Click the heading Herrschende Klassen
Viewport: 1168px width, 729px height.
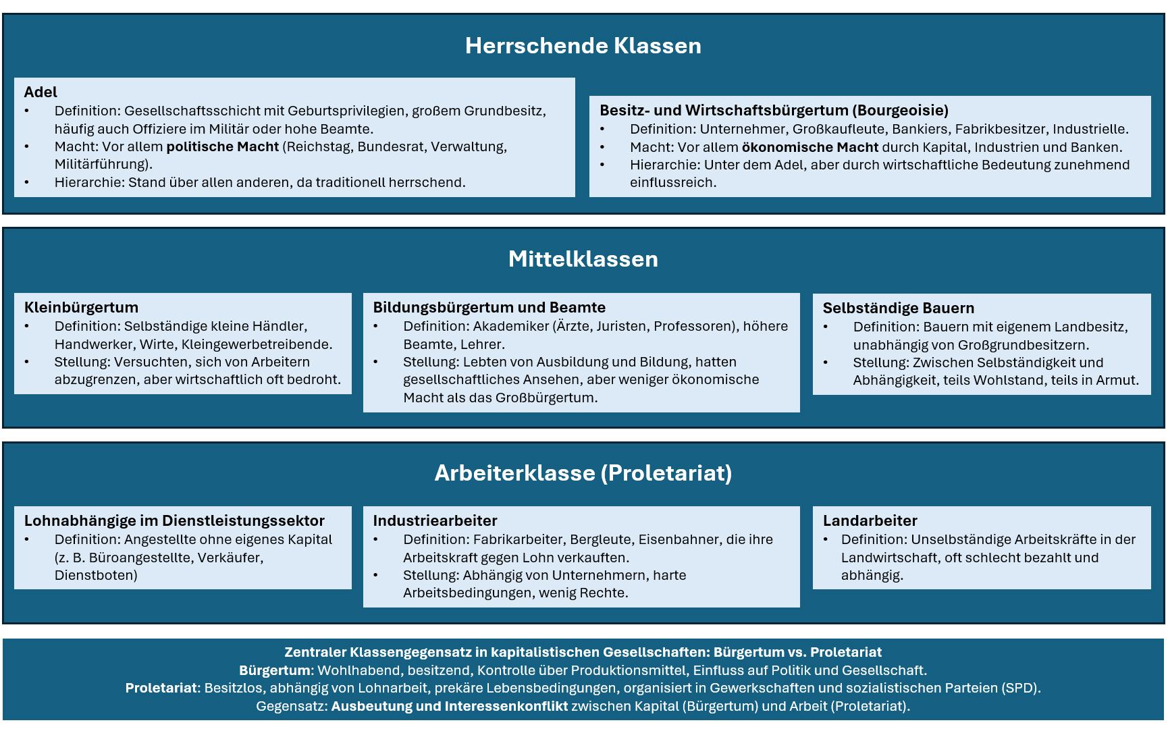583,46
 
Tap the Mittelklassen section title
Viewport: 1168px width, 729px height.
583,259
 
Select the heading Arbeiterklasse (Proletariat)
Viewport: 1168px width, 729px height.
583,473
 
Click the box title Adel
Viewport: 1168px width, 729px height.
41,92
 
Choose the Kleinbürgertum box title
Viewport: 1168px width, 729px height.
81,308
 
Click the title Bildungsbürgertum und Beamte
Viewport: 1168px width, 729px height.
489,308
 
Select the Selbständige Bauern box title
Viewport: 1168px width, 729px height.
898,308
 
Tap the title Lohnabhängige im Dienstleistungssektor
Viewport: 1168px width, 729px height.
174,520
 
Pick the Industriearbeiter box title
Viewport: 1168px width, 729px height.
435,520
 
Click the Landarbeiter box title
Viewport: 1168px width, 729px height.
870,520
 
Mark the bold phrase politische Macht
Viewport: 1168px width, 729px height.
222,146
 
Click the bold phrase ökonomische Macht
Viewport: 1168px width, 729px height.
809,147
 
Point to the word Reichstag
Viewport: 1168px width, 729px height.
319,146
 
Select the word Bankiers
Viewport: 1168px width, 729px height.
920,129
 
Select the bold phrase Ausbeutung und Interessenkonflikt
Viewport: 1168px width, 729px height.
449,706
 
